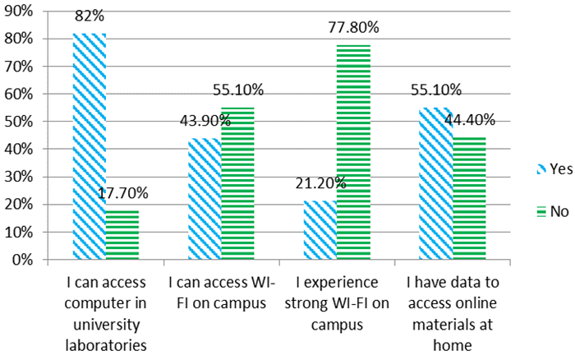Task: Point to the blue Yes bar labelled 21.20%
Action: coord(320,230)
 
